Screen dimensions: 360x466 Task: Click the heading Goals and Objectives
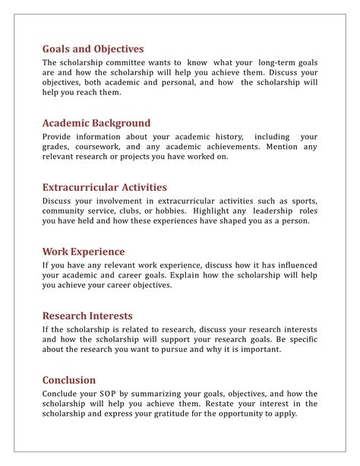pyautogui.click(x=93, y=49)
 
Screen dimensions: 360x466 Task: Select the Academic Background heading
pyautogui.click(x=96, y=123)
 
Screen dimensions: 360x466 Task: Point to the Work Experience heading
pyautogui.click(x=84, y=252)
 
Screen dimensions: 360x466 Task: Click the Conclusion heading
pyautogui.click(x=69, y=380)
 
